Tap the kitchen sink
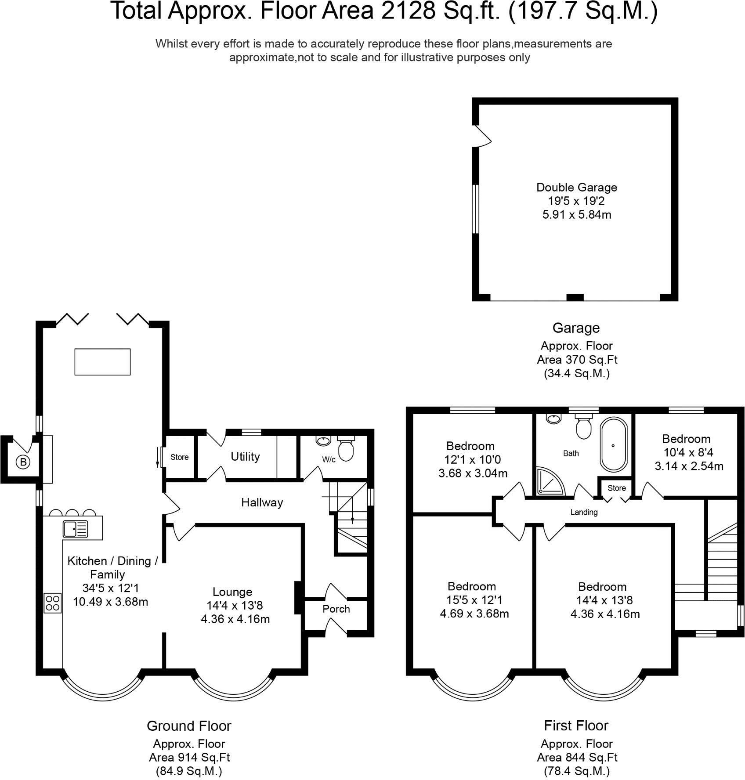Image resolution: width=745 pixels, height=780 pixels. (x=76, y=529)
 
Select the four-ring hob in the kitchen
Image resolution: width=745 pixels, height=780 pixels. (x=53, y=603)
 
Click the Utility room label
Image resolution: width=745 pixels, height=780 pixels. (x=245, y=457)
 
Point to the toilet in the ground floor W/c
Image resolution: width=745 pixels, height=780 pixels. (x=345, y=448)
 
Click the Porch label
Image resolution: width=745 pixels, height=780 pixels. (x=336, y=609)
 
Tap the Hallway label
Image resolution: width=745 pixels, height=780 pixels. (x=262, y=502)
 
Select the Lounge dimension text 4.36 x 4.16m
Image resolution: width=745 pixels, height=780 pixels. (x=235, y=619)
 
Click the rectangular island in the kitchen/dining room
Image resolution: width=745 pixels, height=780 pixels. (x=102, y=362)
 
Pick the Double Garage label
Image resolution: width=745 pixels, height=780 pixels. (x=576, y=188)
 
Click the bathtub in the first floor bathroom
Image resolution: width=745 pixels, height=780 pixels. (x=613, y=444)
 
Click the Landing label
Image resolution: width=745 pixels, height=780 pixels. (x=584, y=512)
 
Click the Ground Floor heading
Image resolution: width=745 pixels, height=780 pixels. (x=189, y=726)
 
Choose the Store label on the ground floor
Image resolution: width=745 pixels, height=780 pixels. (x=179, y=457)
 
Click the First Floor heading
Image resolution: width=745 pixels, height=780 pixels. (x=576, y=726)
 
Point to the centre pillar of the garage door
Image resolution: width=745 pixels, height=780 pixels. (x=575, y=297)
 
